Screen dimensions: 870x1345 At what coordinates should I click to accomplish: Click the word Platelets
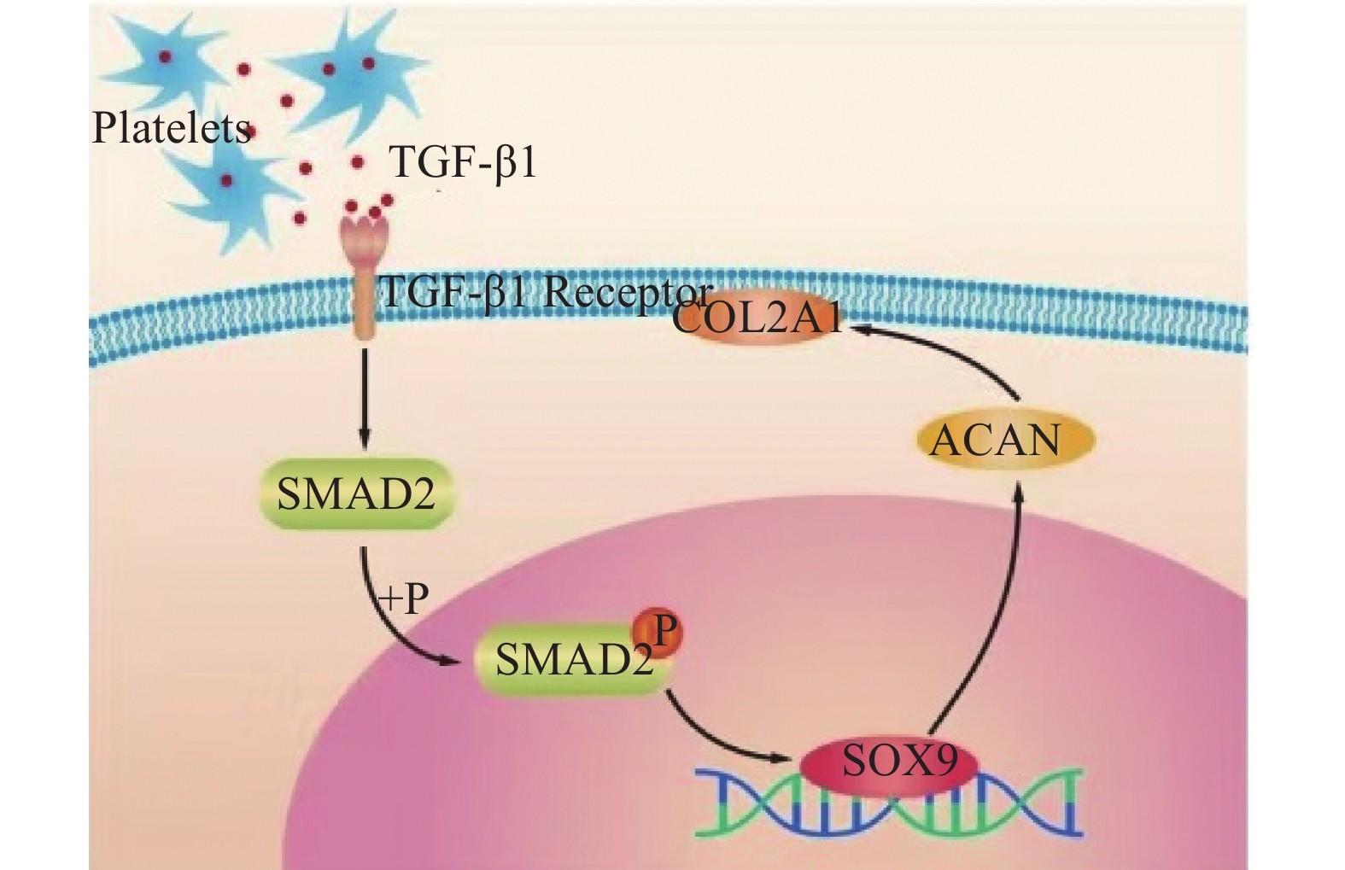[x=171, y=129]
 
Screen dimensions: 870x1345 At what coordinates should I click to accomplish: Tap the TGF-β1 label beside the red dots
[x=463, y=161]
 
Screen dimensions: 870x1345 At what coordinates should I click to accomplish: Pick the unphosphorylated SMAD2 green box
[x=355, y=494]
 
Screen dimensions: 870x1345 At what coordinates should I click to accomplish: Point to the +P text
[x=403, y=598]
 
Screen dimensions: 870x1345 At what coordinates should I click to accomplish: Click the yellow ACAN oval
[x=995, y=440]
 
